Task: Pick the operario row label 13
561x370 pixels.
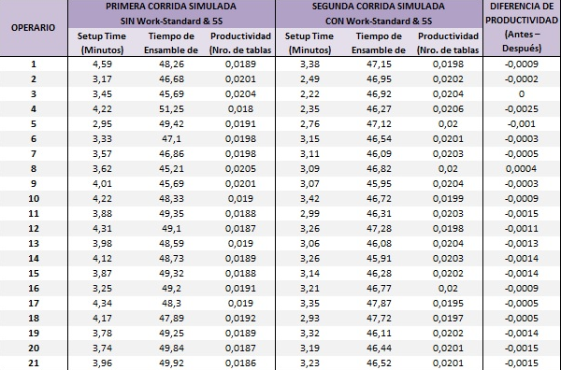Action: pyautogui.click(x=34, y=243)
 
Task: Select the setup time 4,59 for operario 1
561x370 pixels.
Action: pyautogui.click(x=98, y=64)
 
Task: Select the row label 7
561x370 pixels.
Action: pyautogui.click(x=34, y=153)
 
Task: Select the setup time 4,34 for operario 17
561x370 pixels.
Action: pyautogui.click(x=98, y=303)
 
